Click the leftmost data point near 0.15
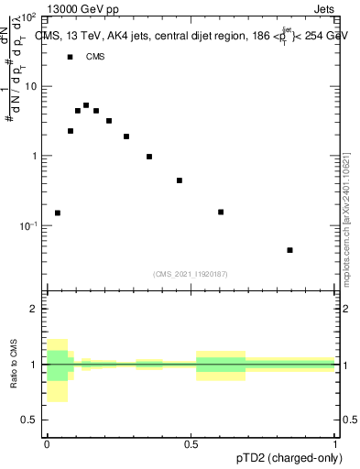point(58,213)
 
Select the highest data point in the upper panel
point(86,105)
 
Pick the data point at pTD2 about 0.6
point(221,213)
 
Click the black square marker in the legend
point(70,57)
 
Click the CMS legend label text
point(95,57)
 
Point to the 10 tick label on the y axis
point(30,86)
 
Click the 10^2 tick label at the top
point(27,17)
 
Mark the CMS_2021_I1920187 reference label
point(191,273)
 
